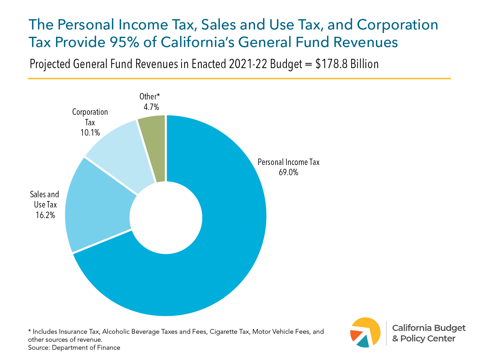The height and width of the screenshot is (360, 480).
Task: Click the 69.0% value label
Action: pyautogui.click(x=288, y=173)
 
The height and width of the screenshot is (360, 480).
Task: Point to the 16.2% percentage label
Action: pyautogui.click(x=45, y=215)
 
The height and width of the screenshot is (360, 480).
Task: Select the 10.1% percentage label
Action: pyautogui.click(x=90, y=133)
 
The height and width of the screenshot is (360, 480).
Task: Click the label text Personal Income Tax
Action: pyautogui.click(x=288, y=162)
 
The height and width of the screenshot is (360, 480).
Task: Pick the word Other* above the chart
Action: pyautogui.click(x=149, y=97)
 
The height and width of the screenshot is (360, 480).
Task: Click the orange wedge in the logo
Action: pyautogui.click(x=355, y=335)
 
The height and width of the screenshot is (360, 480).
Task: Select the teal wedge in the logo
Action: pyautogui.click(x=364, y=343)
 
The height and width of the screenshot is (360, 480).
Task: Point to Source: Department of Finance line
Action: pyautogui.click(x=74, y=348)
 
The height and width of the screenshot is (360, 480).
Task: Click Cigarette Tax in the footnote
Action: pyautogui.click(x=229, y=332)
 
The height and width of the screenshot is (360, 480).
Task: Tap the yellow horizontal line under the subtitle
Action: pyautogui.click(x=239, y=78)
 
